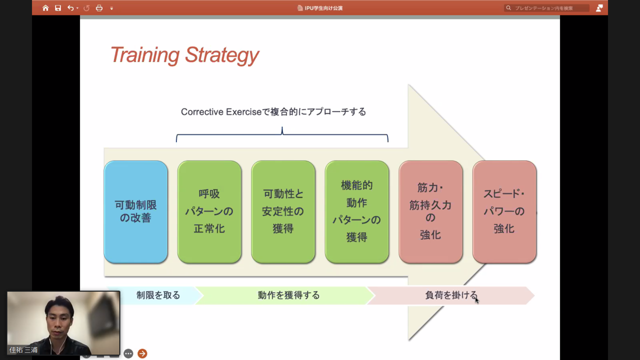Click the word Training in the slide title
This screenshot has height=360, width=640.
tap(145, 55)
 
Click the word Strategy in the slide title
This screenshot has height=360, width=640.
tap(221, 55)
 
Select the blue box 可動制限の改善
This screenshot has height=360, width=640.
tap(135, 211)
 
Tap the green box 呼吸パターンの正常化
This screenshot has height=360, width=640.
tap(209, 211)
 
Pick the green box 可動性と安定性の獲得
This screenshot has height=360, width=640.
tap(283, 211)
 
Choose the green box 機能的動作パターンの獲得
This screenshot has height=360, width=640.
tap(357, 211)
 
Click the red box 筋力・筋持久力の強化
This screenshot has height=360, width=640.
tap(430, 211)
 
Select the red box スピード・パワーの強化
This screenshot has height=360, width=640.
tap(504, 211)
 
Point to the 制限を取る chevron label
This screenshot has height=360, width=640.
tap(158, 295)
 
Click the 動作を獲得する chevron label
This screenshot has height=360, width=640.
tap(288, 295)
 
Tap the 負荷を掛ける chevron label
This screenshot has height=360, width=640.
tap(451, 295)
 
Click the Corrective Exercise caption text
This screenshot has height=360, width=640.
tap(273, 111)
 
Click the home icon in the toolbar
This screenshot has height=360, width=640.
tap(45, 8)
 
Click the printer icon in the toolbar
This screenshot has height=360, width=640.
tap(99, 8)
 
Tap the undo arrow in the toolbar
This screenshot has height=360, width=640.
tap(70, 8)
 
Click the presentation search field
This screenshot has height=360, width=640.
tap(546, 8)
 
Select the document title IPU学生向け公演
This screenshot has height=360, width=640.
tap(323, 8)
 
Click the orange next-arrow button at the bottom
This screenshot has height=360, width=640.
tap(142, 353)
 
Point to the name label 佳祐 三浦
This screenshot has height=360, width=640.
tap(23, 349)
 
